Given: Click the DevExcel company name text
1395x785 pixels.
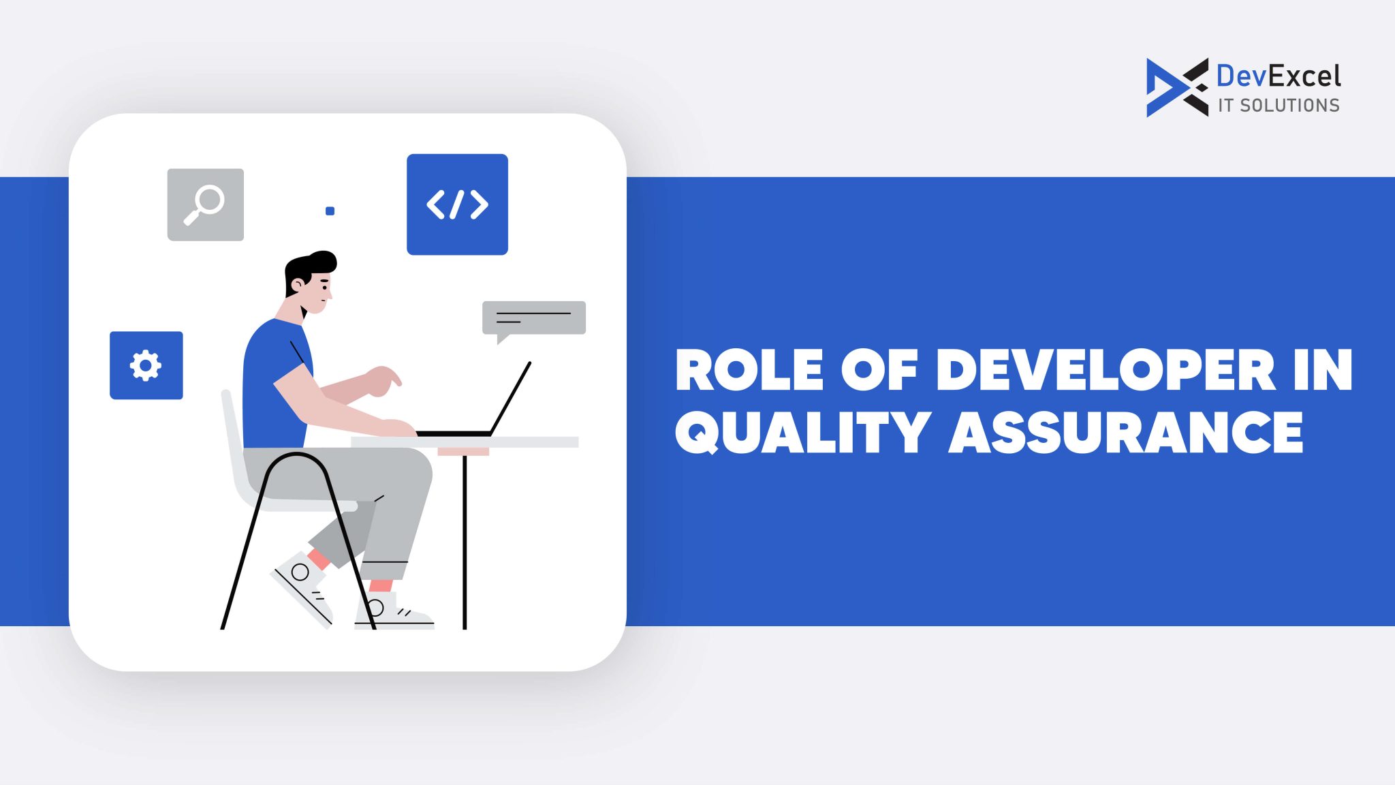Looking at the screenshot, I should pyautogui.click(x=1278, y=76).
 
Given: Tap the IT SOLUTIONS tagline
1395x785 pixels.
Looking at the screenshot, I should pyautogui.click(x=1278, y=106).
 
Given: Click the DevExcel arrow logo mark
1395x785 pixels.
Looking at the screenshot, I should pyautogui.click(x=1176, y=87).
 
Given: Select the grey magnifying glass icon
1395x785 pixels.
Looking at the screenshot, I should pyautogui.click(x=205, y=204).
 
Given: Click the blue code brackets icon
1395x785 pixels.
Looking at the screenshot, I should pyautogui.click(x=457, y=204).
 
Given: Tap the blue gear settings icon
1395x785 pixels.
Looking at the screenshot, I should pyautogui.click(x=146, y=365).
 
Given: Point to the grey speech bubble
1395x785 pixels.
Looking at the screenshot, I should pyautogui.click(x=533, y=318).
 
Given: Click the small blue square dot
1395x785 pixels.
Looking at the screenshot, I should pyautogui.click(x=330, y=211).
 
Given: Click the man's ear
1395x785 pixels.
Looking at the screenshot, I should pyautogui.click(x=296, y=286).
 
